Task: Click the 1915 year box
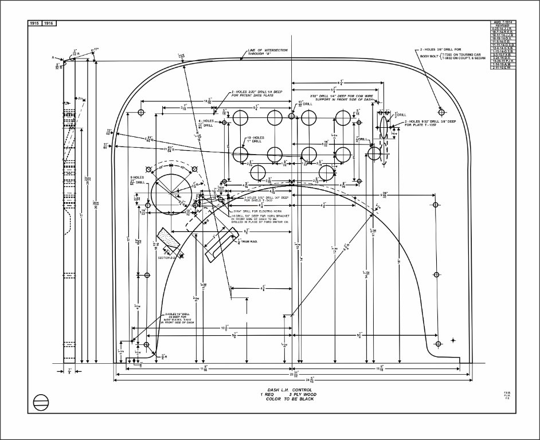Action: pyautogui.click(x=34, y=23)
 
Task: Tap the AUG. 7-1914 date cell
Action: pyautogui.click(x=502, y=22)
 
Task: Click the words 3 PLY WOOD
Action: pyautogui.click(x=302, y=394)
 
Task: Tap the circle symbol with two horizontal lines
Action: pyautogui.click(x=40, y=402)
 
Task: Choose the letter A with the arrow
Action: pyautogui.click(x=53, y=58)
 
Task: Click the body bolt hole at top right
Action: pyautogui.click(x=441, y=110)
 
